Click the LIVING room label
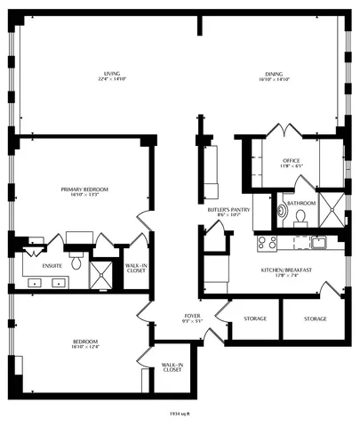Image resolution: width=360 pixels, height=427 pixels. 112,74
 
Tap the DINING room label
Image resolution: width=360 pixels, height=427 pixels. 273,74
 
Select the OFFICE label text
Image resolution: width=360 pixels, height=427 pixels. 267,160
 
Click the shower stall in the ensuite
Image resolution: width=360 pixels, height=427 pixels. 104,273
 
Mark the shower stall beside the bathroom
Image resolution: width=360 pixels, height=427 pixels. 331,212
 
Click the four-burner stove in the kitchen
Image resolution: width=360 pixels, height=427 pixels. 267,242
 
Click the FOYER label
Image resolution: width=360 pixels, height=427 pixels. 192,316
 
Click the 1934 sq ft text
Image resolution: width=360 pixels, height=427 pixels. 181,412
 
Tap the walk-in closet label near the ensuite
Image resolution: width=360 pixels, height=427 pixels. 136,268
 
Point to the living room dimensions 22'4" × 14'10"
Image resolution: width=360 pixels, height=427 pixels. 112,80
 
